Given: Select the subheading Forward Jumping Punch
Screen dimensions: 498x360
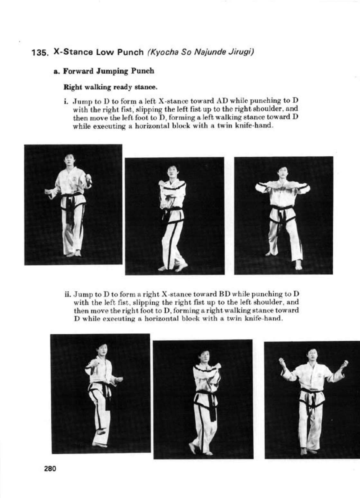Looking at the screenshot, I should pos(108,71).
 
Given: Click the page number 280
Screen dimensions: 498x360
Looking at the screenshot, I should pos(50,468).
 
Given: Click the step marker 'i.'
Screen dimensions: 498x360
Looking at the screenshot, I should pos(66,101).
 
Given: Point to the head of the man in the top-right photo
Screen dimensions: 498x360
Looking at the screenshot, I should pos(283,172).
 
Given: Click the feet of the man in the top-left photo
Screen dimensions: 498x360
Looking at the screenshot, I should pos(73,254).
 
